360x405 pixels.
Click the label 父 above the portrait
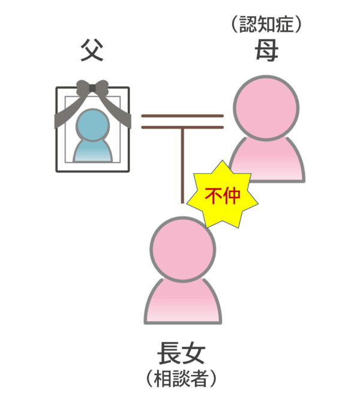92,52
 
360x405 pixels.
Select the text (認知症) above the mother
265,25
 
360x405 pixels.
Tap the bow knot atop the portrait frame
92,89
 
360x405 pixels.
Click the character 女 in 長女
193,353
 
